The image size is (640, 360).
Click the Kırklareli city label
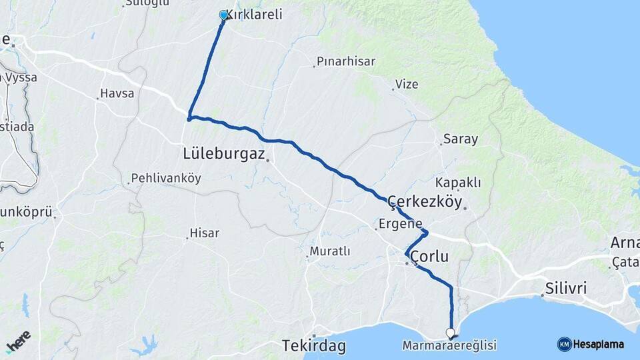[x=255, y=15]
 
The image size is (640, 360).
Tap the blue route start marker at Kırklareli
[x=223, y=15]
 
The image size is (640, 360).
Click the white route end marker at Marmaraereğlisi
[x=451, y=332]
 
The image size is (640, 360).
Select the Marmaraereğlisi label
[x=449, y=345]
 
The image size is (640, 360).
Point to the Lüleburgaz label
[x=224, y=153]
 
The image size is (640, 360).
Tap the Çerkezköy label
[x=425, y=203]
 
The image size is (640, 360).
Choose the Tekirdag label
[x=313, y=346]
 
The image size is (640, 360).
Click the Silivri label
[x=565, y=289]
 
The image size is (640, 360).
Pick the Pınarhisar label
[x=346, y=61]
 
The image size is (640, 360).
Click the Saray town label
[x=460, y=139]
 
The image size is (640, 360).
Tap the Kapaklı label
[x=458, y=183]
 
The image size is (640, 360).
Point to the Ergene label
[x=401, y=223]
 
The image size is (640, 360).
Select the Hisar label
[x=205, y=233]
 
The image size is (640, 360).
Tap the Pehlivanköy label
[x=166, y=179]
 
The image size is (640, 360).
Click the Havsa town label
[x=117, y=93]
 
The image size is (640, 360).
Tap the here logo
[x=18, y=341]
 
